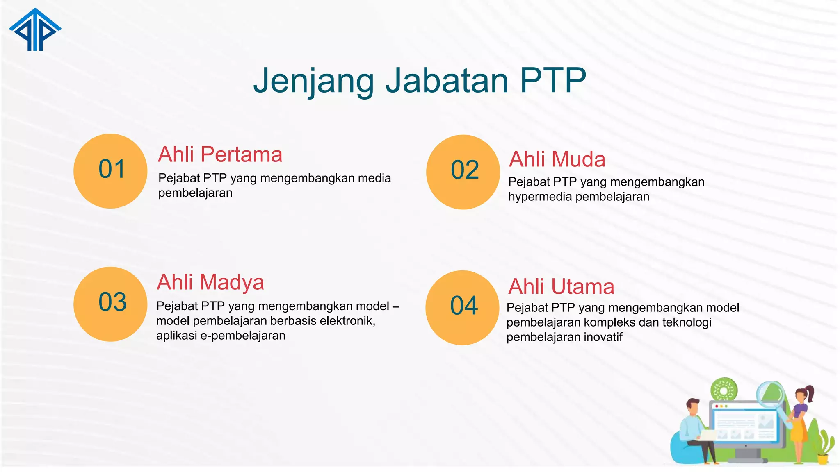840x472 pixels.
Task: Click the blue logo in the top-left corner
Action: pyautogui.click(x=35, y=31)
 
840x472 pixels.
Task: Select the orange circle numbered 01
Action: pyautogui.click(x=110, y=171)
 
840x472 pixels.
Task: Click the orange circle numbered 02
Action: pyautogui.click(x=463, y=172)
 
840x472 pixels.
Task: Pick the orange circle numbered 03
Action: pyautogui.click(x=110, y=304)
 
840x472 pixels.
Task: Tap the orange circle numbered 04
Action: pyautogui.click(x=462, y=307)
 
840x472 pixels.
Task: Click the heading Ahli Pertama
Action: pyautogui.click(x=220, y=154)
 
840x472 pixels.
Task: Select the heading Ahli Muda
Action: pyautogui.click(x=557, y=159)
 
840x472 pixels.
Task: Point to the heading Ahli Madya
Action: pyautogui.click(x=210, y=282)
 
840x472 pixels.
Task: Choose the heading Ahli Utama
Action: pyautogui.click(x=561, y=286)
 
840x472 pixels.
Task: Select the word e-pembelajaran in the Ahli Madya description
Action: pyautogui.click(x=242, y=336)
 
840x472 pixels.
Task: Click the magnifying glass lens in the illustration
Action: pyautogui.click(x=770, y=394)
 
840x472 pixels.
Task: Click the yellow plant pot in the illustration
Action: pyautogui.click(x=823, y=459)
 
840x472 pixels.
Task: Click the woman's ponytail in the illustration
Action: pyautogui.click(x=810, y=393)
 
